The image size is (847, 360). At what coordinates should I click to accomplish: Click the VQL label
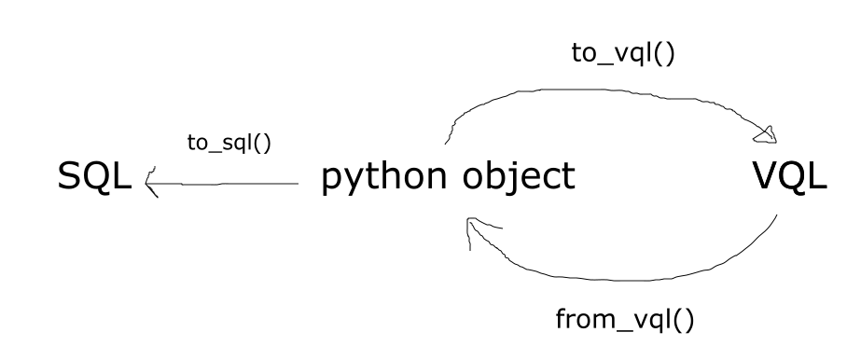point(788,177)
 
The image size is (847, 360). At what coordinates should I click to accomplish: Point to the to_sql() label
point(229,145)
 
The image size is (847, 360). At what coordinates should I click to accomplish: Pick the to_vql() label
point(622,52)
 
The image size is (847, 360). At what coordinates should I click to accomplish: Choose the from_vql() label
point(624,319)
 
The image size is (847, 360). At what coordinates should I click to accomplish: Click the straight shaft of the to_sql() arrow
point(233,184)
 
